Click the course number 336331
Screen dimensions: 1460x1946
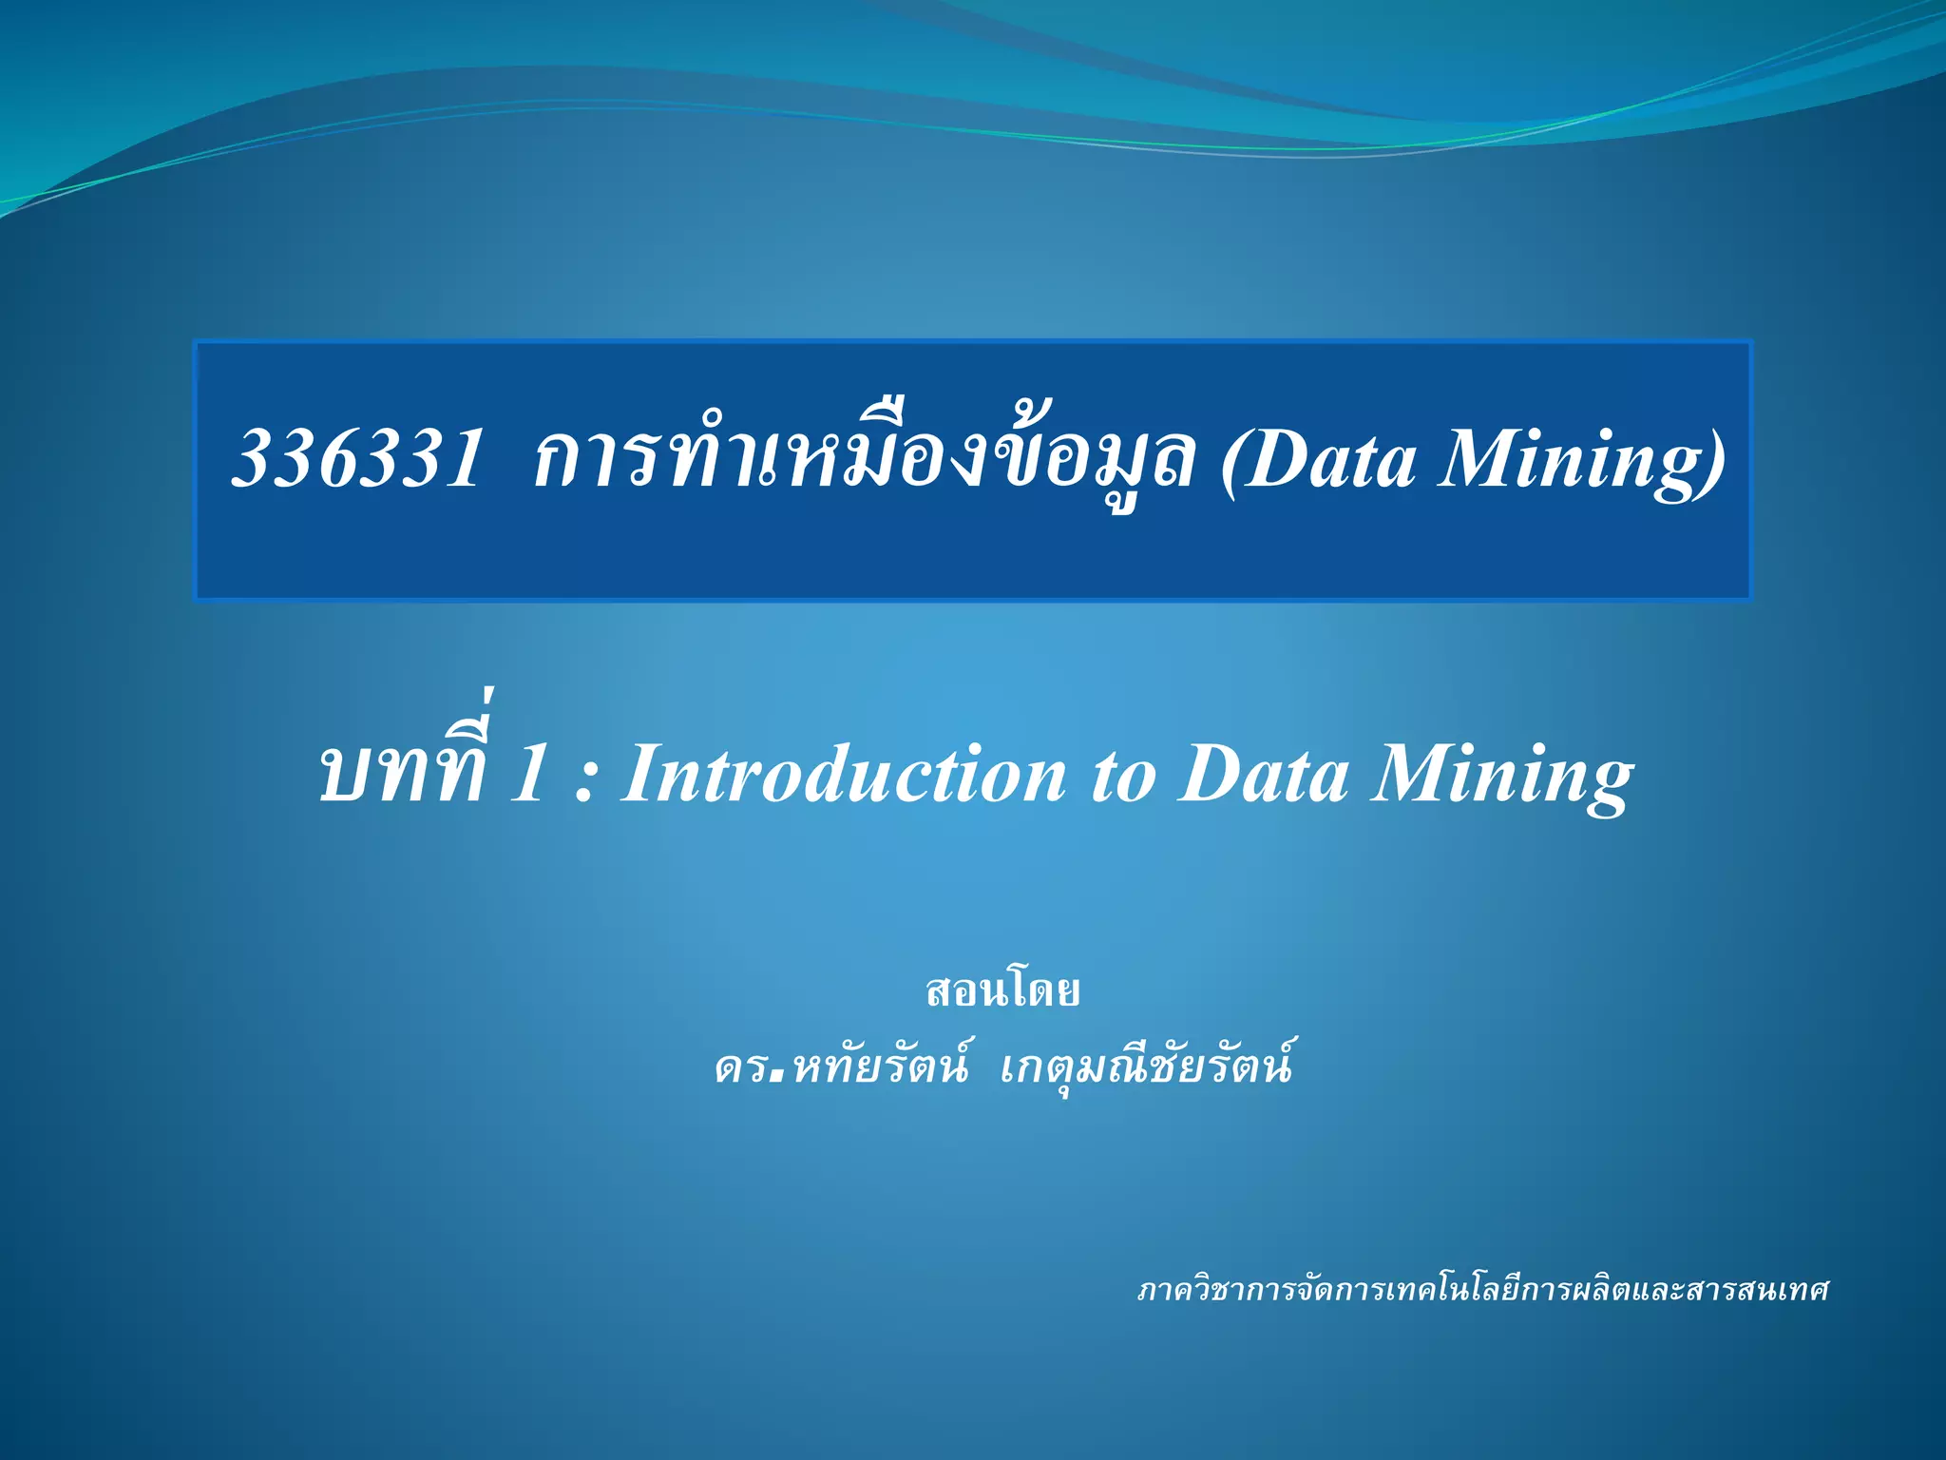(357, 459)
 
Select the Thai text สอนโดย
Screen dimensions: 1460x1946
(1002, 991)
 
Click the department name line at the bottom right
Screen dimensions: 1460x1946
(1482, 1290)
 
